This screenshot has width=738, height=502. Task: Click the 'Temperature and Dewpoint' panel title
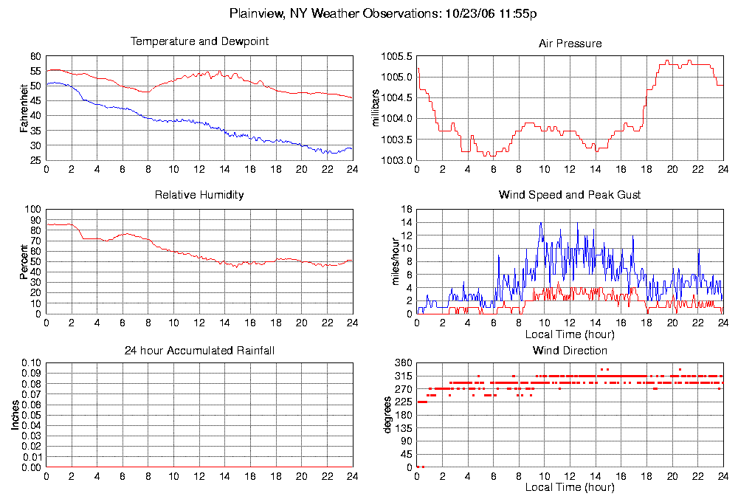click(x=199, y=41)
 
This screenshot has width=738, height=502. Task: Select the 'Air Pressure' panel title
click(x=570, y=44)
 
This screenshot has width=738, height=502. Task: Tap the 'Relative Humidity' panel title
click(x=199, y=195)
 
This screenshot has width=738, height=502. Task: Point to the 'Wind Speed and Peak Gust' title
click(x=570, y=195)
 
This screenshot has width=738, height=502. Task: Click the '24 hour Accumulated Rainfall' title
click(x=199, y=350)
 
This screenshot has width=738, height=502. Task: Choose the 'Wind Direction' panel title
click(x=570, y=350)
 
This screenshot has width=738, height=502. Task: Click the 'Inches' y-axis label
click(x=15, y=415)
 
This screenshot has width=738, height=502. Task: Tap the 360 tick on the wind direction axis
click(x=403, y=363)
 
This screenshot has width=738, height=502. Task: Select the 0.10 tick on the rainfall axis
click(x=32, y=363)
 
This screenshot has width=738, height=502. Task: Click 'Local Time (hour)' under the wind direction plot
click(x=570, y=487)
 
